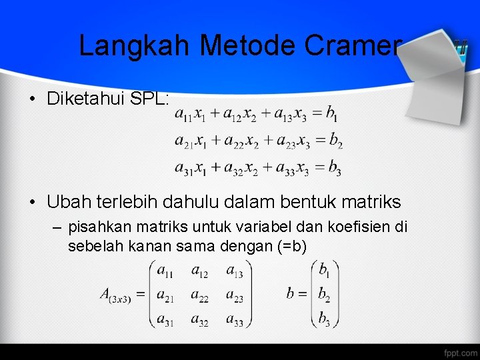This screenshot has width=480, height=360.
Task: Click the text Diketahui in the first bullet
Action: [89, 99]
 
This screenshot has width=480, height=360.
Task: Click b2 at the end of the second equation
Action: [336, 141]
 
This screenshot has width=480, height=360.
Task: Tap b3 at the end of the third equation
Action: [335, 168]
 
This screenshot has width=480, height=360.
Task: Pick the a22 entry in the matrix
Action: [199, 295]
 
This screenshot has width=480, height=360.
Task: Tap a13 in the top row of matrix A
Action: [234, 270]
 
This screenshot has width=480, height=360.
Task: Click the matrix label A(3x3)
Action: [115, 295]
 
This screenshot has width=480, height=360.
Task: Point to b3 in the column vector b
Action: [324, 319]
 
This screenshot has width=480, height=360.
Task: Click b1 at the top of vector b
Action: [324, 271]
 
